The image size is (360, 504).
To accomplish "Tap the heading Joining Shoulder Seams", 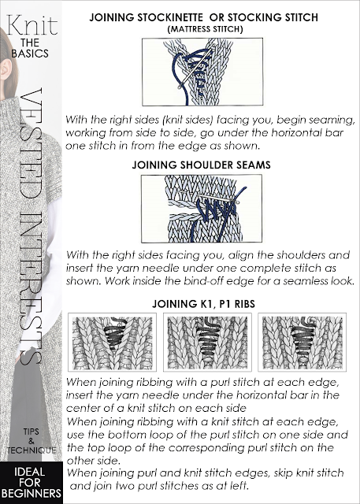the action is click(x=201, y=165).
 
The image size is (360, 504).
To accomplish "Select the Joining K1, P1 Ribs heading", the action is click(x=203, y=304).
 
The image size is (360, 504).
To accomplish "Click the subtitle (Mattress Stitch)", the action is click(x=205, y=29).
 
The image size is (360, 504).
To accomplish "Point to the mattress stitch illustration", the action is click(x=202, y=72).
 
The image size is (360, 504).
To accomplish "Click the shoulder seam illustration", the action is click(x=202, y=209).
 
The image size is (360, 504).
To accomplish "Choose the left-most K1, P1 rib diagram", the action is click(x=112, y=342).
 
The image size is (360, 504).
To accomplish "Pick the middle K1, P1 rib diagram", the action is click(x=207, y=342).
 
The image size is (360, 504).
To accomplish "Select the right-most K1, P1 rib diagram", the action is click(x=302, y=342).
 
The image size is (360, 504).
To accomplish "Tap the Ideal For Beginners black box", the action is click(x=32, y=483).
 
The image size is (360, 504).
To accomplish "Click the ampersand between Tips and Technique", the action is click(x=32, y=441).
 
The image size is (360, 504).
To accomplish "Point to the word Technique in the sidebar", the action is click(x=32, y=450).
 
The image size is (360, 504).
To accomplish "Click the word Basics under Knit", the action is click(x=30, y=54).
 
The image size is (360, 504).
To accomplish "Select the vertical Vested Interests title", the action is click(x=31, y=227).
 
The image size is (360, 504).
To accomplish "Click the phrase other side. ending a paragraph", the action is click(x=93, y=461).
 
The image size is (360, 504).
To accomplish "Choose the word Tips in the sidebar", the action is click(x=32, y=432).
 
